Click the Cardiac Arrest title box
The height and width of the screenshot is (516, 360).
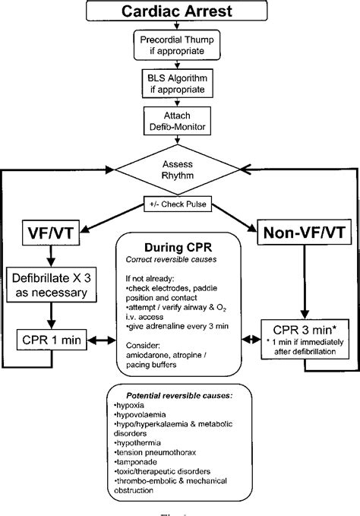180,13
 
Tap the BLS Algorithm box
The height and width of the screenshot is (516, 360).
180,83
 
